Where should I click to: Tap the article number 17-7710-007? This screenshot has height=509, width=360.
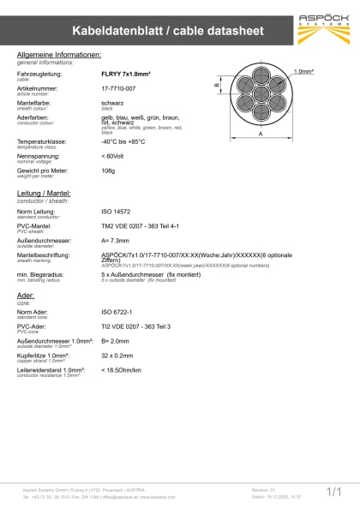[x=119, y=87]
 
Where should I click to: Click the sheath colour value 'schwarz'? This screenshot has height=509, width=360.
[x=113, y=101]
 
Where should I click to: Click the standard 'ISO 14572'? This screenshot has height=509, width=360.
[x=117, y=211]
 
